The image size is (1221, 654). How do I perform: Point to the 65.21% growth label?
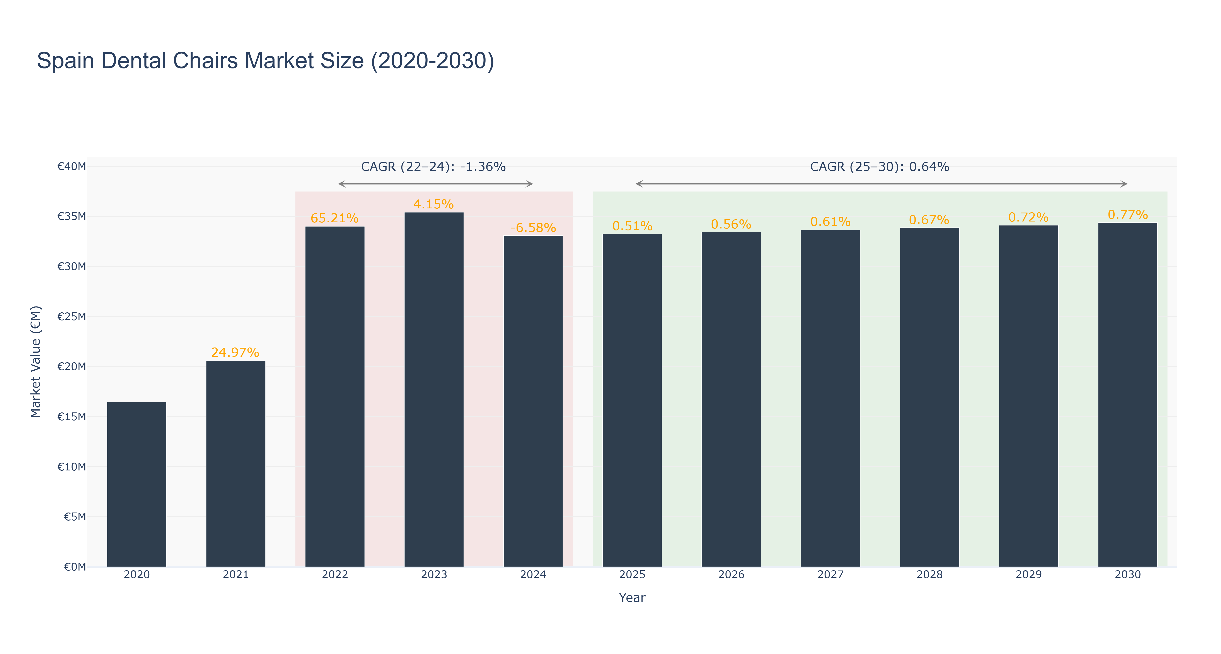click(335, 218)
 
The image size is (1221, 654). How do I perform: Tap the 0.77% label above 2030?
click(1128, 215)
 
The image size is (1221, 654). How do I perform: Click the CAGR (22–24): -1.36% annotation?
click(433, 167)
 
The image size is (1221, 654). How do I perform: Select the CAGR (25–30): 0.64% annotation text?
click(880, 167)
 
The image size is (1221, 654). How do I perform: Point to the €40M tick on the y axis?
click(72, 166)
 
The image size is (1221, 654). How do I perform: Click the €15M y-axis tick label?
click(72, 417)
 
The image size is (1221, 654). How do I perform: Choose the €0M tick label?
click(75, 567)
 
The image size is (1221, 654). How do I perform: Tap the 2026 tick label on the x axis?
click(731, 574)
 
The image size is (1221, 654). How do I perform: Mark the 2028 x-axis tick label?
click(929, 574)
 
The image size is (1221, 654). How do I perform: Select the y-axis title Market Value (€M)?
click(36, 362)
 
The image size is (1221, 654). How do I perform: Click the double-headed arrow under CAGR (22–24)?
click(436, 184)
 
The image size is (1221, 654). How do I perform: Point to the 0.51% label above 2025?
click(632, 226)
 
